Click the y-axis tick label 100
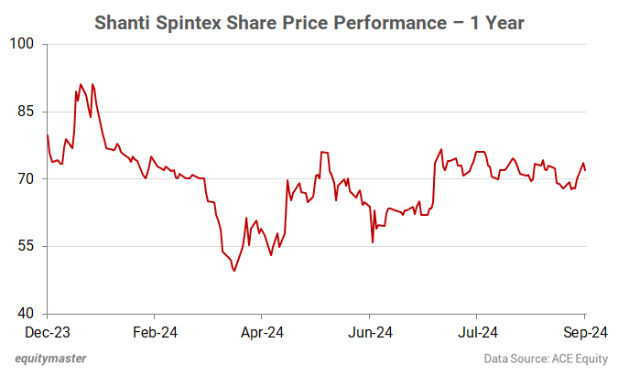tap(21, 44)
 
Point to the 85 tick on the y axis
tap(24, 112)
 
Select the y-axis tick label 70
tap(24, 179)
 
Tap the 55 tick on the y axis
tap(24, 246)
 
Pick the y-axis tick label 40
tap(24, 314)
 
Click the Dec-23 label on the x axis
tap(47, 332)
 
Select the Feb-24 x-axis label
tap(155, 332)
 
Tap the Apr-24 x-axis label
tap(263, 332)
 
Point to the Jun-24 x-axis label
tap(371, 332)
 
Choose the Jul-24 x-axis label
tap(478, 332)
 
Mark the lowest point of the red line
tap(234, 271)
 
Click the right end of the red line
tap(586, 170)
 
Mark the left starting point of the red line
tap(47, 135)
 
